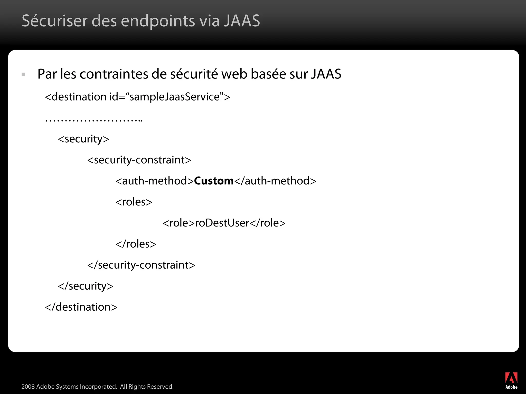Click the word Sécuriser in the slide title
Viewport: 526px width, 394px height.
click(55, 21)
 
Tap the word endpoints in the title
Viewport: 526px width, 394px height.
click(158, 21)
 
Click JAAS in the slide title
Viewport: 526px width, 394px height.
click(242, 21)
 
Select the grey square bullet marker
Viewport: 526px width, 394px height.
click(24, 75)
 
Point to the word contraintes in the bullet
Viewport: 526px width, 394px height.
click(114, 74)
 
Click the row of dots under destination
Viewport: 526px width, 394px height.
click(94, 120)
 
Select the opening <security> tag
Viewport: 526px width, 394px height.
click(83, 139)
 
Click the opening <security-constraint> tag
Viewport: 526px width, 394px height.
click(139, 160)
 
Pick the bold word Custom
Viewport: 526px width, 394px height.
click(214, 181)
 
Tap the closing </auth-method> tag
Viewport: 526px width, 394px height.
click(275, 181)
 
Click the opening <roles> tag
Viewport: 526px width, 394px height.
click(134, 202)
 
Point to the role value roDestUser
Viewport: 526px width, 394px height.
click(222, 223)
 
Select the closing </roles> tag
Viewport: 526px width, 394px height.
click(136, 244)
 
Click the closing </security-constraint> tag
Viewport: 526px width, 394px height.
click(141, 265)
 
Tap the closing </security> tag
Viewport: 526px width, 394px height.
click(86, 286)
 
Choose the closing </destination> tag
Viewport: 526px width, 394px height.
click(81, 307)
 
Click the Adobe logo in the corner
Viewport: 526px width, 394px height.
click(511, 380)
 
